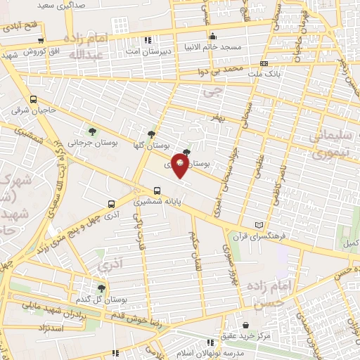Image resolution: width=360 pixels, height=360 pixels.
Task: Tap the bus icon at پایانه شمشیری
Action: pyautogui.click(x=157, y=190)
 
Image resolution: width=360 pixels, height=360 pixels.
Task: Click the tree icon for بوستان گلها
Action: pyautogui.click(x=152, y=134)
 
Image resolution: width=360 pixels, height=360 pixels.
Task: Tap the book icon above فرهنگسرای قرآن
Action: pyautogui.click(x=259, y=225)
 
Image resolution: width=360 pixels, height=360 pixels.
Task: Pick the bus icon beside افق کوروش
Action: pyautogui.click(x=41, y=40)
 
